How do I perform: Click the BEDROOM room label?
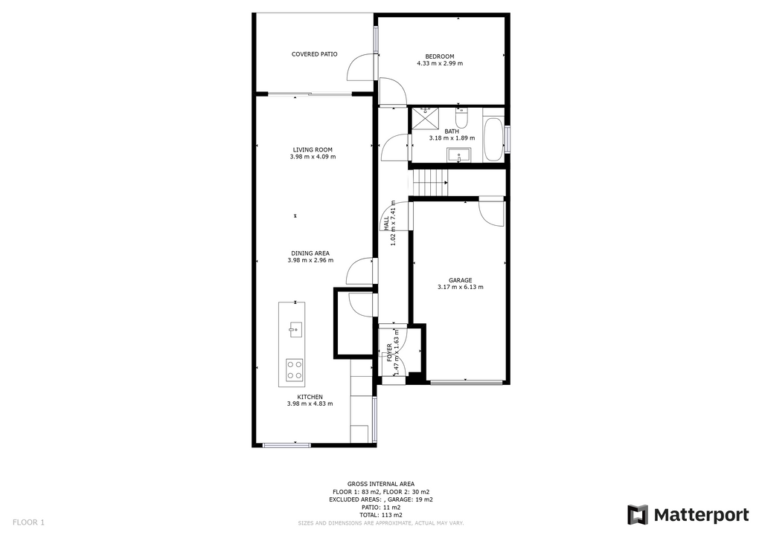pos(440,56)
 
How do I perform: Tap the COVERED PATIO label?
pos(315,54)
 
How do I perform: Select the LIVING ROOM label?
pos(313,150)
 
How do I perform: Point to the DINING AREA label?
pos(310,253)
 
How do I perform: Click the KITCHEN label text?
pos(310,398)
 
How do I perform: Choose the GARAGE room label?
pos(460,280)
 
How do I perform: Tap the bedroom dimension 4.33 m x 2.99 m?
pos(440,63)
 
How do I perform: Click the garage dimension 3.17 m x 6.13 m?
pos(460,287)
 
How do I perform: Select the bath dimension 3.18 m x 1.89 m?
pos(452,138)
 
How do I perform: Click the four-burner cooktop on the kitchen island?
pos(294,369)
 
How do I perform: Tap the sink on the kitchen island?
pos(294,329)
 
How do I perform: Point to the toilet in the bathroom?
pos(461,117)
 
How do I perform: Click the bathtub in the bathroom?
pos(493,139)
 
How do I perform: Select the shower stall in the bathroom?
pos(425,120)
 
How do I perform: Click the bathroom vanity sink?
pos(458,156)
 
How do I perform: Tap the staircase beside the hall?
pos(429,182)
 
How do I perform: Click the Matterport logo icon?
pos(637,515)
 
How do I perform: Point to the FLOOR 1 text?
pos(28,522)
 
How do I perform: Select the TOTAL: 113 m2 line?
pos(381,515)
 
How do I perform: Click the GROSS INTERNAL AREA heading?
pos(381,484)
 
